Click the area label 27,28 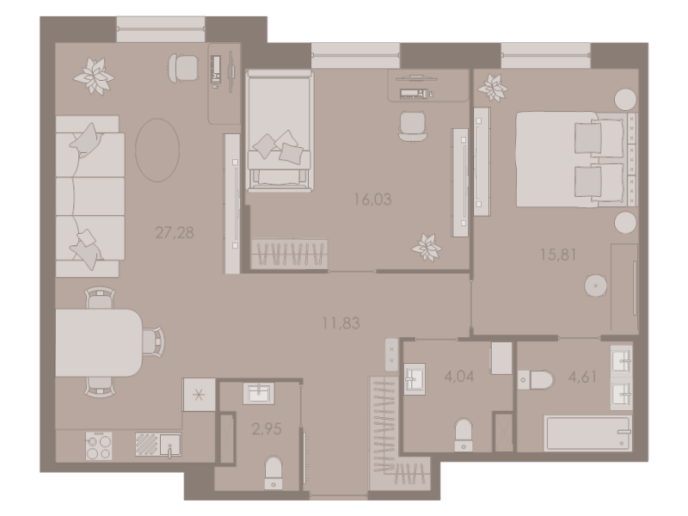click(x=175, y=232)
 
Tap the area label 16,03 click(x=372, y=200)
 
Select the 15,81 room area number click(x=558, y=255)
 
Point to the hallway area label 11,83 click(x=341, y=323)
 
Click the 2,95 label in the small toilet click(x=267, y=428)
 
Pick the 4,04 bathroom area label click(x=459, y=376)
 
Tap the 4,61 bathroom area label click(x=582, y=377)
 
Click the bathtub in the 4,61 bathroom click(x=587, y=433)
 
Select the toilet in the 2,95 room click(x=273, y=473)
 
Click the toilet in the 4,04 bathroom click(x=464, y=435)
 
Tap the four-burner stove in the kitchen click(x=99, y=445)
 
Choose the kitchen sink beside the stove click(x=170, y=445)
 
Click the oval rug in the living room click(x=157, y=150)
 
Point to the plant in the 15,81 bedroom click(x=493, y=88)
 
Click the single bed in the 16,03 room click(x=279, y=131)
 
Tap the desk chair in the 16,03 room click(x=413, y=126)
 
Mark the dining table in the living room click(x=99, y=342)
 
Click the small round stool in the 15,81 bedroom click(x=596, y=286)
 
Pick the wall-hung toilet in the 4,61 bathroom click(x=536, y=379)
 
